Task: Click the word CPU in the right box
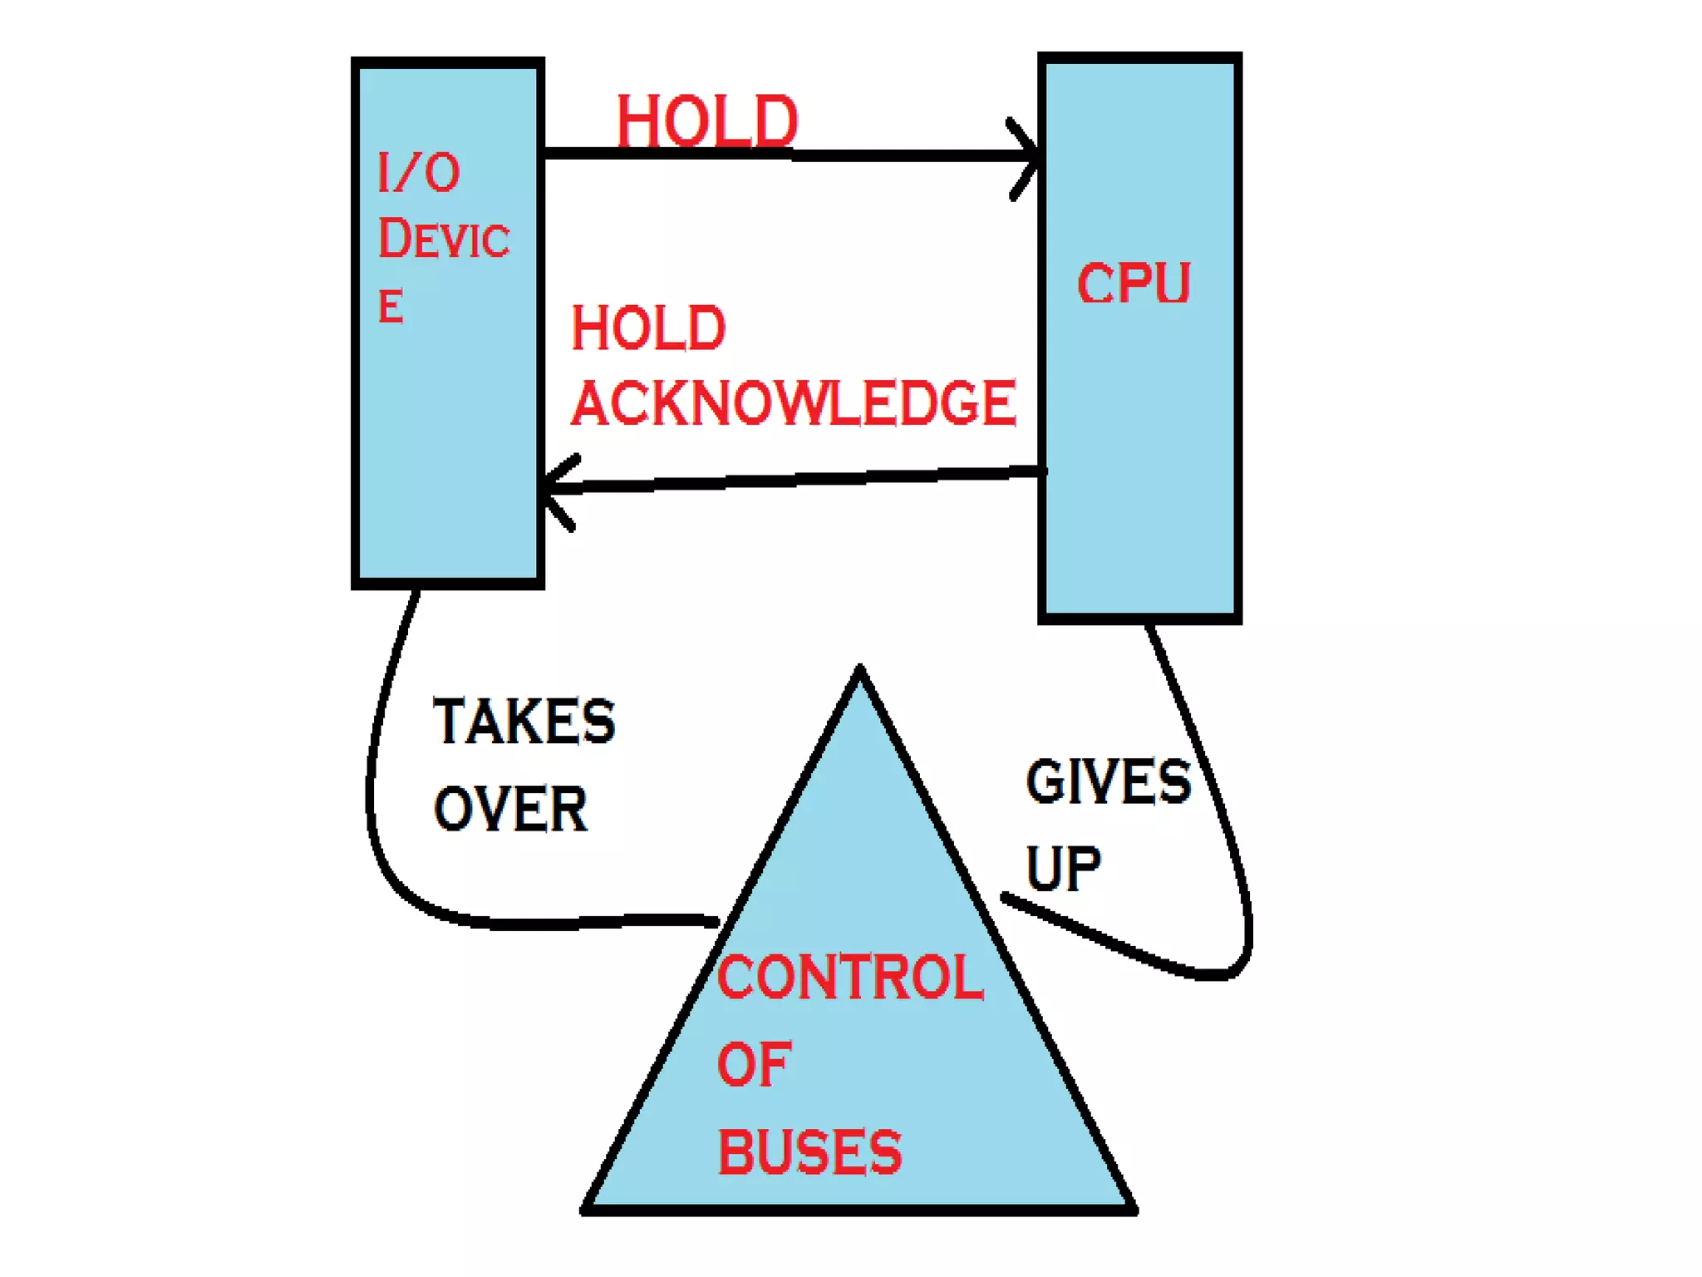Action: pyautogui.click(x=1134, y=284)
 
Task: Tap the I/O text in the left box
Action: pyautogui.click(x=418, y=173)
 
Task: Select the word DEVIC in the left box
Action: pyautogui.click(x=444, y=239)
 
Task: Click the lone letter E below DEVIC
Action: pyautogui.click(x=391, y=306)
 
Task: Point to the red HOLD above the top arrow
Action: pyautogui.click(x=706, y=121)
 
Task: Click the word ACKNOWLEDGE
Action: pyautogui.click(x=794, y=403)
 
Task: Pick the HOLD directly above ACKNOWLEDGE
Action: pyautogui.click(x=648, y=328)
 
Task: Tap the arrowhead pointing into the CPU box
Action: pyautogui.click(x=1029, y=156)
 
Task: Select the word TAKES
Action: pyautogui.click(x=524, y=722)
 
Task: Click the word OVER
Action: pyautogui.click(x=510, y=809)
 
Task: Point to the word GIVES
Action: pyautogui.click(x=1109, y=782)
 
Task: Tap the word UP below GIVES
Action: pyautogui.click(x=1063, y=869)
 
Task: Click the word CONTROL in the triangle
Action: pyautogui.click(x=850, y=977)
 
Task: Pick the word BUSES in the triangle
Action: pyautogui.click(x=809, y=1152)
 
